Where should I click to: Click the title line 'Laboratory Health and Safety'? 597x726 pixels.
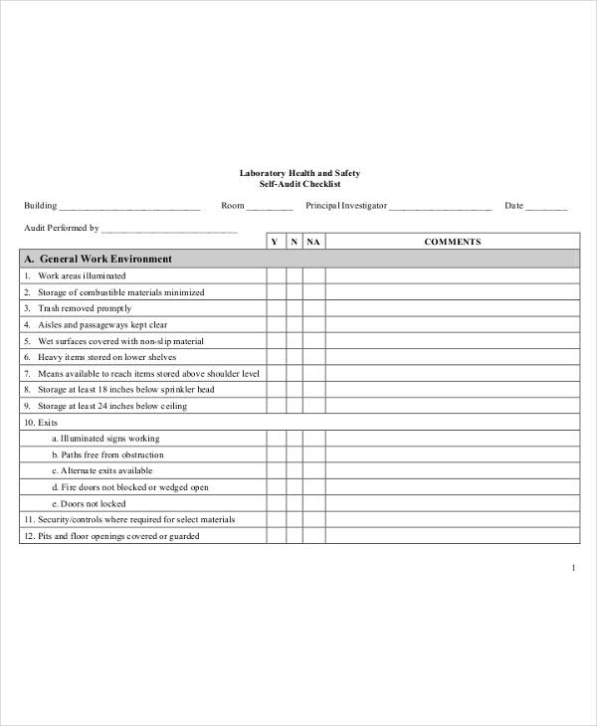pos(299,172)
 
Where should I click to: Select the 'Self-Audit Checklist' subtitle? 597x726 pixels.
pos(299,184)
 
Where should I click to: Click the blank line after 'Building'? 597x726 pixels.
pos(129,207)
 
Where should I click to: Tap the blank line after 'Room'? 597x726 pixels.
pos(269,207)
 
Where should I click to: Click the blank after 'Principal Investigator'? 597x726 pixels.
pos(440,207)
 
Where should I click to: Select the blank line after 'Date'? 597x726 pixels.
pos(546,207)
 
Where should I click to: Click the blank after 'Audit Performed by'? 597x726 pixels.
pos(170,228)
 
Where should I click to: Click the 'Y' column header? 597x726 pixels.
pos(275,242)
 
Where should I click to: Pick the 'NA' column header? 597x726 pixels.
pos(313,242)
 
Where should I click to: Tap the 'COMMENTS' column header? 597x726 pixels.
pos(453,242)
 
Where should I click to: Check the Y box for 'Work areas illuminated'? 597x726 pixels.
pos(275,275)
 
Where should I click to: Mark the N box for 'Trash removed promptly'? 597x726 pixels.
pos(294,308)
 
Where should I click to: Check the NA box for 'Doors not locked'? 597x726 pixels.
pos(313,503)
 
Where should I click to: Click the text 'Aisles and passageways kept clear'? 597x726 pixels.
pos(102,324)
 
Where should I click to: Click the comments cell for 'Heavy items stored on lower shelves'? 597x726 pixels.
pos(453,357)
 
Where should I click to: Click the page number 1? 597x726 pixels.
pos(574,568)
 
